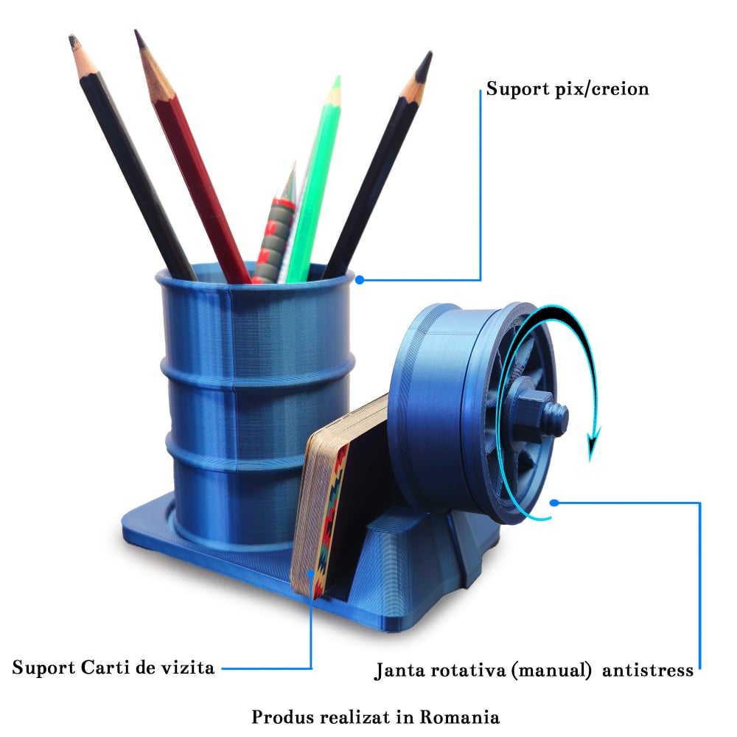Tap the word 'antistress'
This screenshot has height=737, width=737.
click(648, 671)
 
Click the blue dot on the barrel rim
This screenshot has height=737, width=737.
click(359, 280)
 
